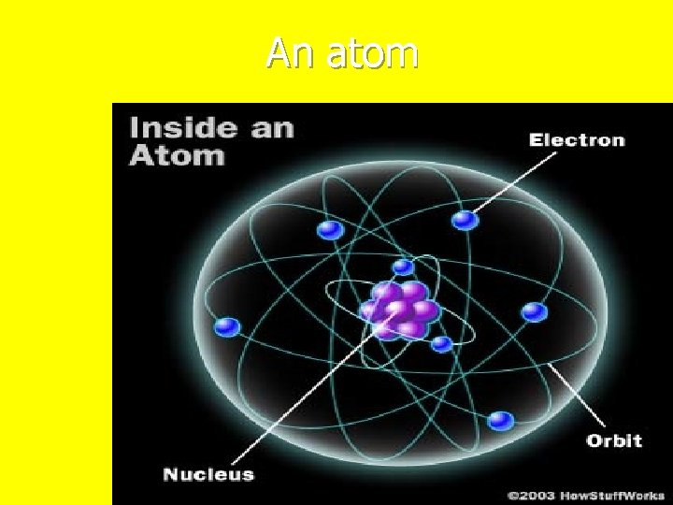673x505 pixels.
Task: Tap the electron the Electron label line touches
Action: pos(465,220)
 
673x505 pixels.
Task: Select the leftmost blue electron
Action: pos(227,327)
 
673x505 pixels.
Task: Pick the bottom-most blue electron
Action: pos(501,421)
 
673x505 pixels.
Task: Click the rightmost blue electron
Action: pos(534,311)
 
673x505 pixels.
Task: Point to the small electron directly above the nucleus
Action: pos(403,267)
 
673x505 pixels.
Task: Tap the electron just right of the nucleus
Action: pos(442,343)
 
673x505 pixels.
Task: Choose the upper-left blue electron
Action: pos(328,229)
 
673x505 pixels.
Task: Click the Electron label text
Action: pos(577,140)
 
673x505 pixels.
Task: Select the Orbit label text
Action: pos(613,440)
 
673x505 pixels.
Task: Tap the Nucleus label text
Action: pos(208,474)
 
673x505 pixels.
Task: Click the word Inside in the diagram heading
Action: pos(176,128)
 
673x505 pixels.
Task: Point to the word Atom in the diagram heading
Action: pos(177,154)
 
